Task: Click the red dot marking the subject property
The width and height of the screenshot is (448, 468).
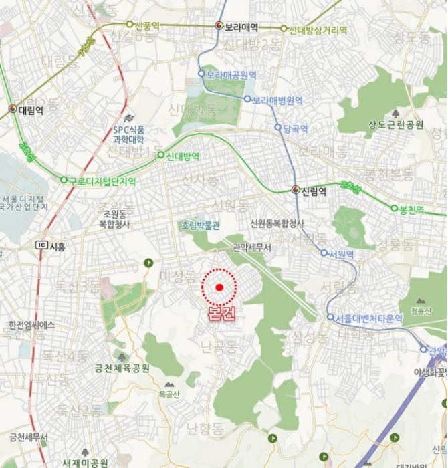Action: pyautogui.click(x=219, y=287)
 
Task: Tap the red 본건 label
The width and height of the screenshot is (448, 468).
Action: pyautogui.click(x=222, y=314)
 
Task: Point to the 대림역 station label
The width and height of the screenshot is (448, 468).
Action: pyautogui.click(x=31, y=110)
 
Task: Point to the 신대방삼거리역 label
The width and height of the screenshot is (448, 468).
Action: pyautogui.click(x=318, y=29)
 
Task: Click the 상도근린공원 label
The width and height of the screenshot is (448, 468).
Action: pyautogui.click(x=396, y=124)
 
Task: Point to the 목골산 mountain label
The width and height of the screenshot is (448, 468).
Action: pyautogui.click(x=170, y=394)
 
